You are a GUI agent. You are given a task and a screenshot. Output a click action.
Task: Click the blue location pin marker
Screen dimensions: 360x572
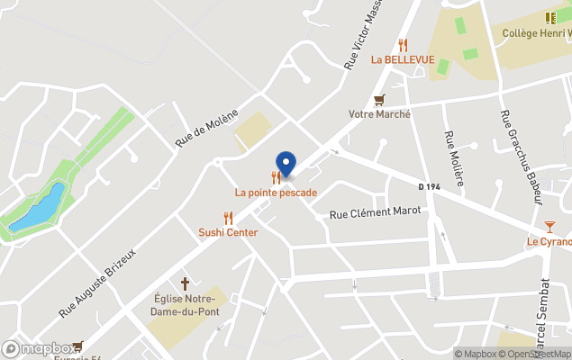[286, 164]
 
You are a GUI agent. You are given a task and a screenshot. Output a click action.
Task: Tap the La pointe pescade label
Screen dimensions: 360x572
[276, 193]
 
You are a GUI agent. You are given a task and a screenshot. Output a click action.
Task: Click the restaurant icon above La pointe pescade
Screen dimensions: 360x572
[276, 177]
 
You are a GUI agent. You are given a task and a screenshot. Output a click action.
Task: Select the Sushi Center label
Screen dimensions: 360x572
[228, 232]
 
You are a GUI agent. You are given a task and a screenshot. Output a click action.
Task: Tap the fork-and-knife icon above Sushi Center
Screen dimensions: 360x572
[228, 217]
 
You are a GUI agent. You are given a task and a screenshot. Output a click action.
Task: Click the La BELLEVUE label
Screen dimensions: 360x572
[403, 60]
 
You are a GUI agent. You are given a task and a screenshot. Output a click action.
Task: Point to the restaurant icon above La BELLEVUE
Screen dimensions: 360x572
[403, 45]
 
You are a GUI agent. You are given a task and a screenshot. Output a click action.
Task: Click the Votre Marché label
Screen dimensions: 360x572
[379, 114]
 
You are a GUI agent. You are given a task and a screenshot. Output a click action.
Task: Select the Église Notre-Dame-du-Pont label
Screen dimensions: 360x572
[186, 306]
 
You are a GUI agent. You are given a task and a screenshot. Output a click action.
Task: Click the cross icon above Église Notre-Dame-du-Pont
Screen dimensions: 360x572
[186, 283]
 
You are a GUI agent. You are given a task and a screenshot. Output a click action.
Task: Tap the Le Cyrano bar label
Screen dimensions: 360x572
[549, 242]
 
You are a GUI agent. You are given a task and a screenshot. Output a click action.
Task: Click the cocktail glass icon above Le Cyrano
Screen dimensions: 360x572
[549, 226]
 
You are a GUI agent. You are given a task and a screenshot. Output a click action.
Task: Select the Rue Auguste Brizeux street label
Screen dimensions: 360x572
[97, 283]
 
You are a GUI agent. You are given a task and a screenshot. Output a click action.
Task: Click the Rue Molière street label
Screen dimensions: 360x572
[454, 158]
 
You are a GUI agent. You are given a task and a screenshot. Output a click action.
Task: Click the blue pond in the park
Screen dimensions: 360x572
[41, 208]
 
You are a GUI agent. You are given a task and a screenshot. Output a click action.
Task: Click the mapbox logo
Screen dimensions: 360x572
[39, 348]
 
